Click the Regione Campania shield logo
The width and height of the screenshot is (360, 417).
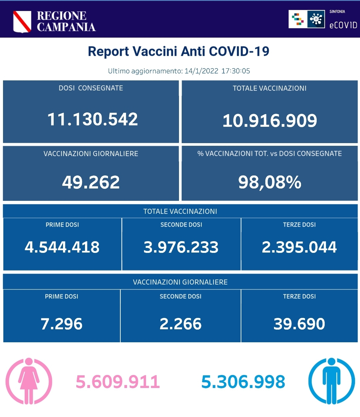(x=22, y=21)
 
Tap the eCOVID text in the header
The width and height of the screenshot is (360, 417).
(x=343, y=25)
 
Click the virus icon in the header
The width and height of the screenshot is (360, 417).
(x=316, y=19)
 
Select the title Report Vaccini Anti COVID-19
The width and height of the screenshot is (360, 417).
(x=179, y=51)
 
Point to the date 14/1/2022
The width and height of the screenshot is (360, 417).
(x=201, y=71)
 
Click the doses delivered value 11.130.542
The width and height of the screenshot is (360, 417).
(x=92, y=119)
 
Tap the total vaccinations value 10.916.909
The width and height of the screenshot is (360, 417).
(x=270, y=120)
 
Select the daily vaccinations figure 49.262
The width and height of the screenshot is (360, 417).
(x=91, y=182)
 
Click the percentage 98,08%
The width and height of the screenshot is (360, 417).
(x=270, y=182)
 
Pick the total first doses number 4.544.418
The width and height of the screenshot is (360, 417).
(x=62, y=247)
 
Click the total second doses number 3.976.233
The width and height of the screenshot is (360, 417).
(x=181, y=247)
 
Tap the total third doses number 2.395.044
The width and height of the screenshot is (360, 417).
(x=299, y=247)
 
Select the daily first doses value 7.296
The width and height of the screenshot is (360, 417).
(x=62, y=324)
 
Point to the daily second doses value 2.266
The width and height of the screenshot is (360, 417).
(x=181, y=324)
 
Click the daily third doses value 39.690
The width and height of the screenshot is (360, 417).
(x=299, y=324)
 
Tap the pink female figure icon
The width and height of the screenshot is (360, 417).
(x=29, y=381)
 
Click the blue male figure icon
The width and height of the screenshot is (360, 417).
(x=331, y=381)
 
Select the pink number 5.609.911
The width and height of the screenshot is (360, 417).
(x=118, y=382)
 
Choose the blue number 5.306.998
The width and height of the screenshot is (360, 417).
(x=243, y=382)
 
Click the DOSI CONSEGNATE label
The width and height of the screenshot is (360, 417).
(x=91, y=88)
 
